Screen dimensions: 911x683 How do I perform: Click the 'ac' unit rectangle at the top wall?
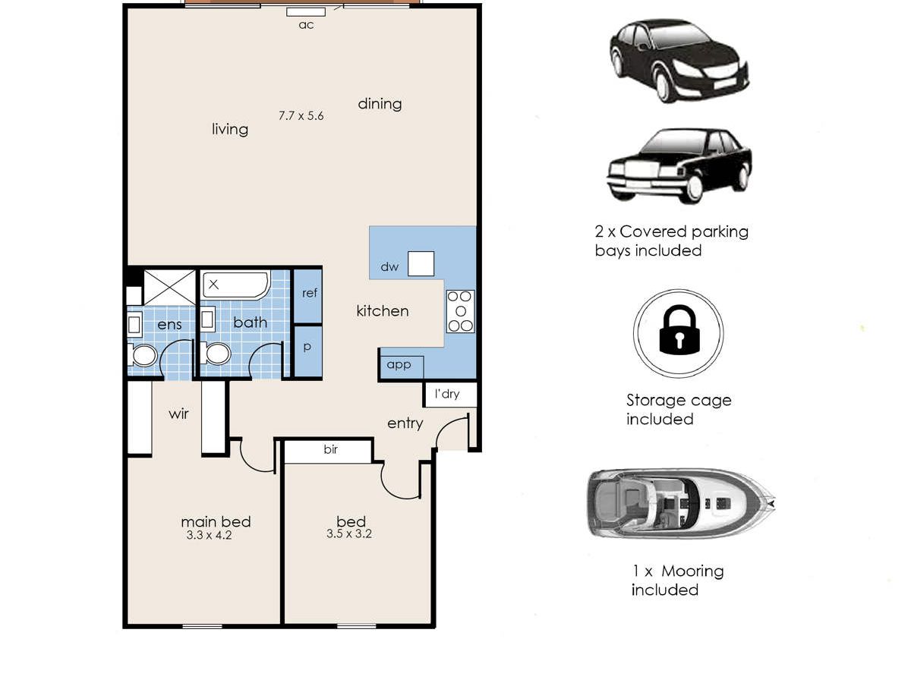coord(306,12)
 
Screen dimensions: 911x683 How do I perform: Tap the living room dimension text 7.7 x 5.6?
coord(301,115)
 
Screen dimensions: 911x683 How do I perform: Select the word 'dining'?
coord(380,104)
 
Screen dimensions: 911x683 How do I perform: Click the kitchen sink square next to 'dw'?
coord(421,263)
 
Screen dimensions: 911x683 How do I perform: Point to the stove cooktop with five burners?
coord(460,311)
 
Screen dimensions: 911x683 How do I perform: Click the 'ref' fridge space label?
coord(310,293)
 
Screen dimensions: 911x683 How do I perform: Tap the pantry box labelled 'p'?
coord(308,351)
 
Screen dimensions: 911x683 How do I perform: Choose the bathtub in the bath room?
coord(236,285)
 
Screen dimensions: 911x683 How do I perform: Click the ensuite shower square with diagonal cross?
coord(169,288)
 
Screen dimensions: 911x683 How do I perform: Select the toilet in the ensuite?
coord(142,355)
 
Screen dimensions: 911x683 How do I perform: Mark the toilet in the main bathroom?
coord(216,354)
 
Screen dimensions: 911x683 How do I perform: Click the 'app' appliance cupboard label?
coord(399,364)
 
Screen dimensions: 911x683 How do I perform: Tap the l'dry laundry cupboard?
coord(450,394)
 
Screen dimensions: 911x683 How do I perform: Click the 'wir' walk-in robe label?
coord(178,414)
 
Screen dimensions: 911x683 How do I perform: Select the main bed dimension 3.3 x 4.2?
coord(209,535)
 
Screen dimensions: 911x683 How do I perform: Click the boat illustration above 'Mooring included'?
coord(681,503)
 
